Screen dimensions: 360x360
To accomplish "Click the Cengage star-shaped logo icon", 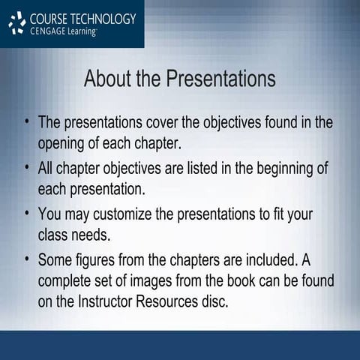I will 16,23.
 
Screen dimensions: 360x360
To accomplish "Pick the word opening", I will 65,142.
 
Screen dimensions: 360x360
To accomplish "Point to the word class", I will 53,235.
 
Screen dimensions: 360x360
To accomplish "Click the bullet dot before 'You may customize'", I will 27,214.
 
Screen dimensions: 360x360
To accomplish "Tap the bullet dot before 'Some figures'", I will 27,260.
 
